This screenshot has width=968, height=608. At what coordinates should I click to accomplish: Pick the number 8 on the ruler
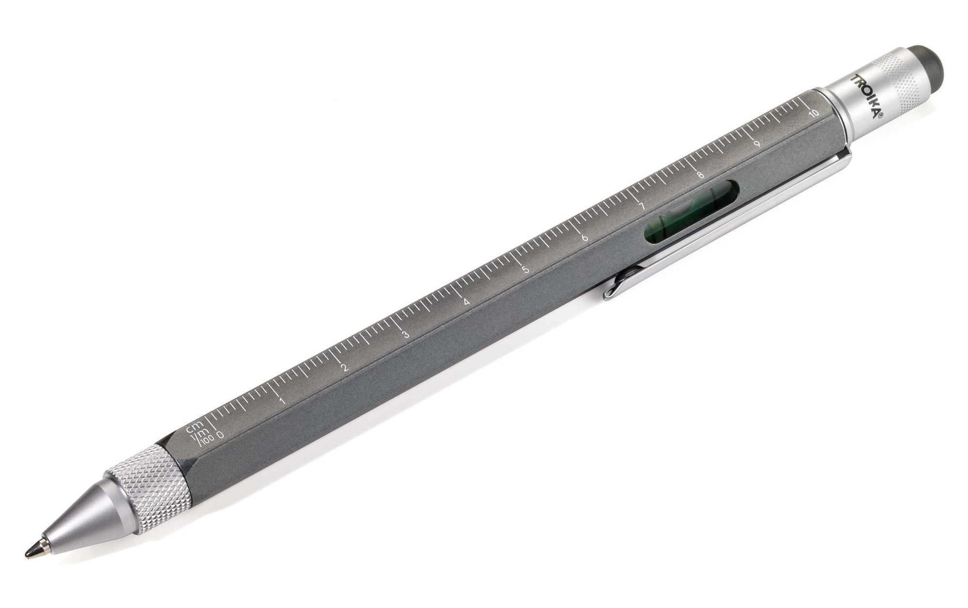[700, 175]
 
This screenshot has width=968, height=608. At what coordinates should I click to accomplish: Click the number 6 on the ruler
[585, 238]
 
